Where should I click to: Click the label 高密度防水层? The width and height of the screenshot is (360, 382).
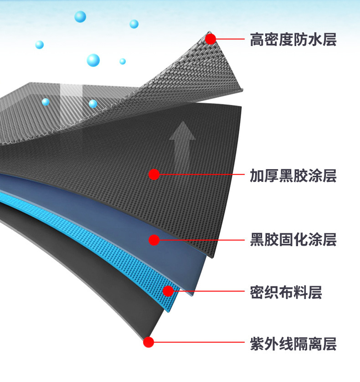pos(293,40)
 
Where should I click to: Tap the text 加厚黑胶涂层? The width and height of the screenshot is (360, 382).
pos(293,176)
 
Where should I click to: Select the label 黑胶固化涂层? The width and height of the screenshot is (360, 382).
pos(293,239)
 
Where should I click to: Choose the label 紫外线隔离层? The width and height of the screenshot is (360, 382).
pos(293,344)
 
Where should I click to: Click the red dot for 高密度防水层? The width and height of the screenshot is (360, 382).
pos(210,39)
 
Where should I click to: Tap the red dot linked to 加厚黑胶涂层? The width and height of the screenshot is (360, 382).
pos(154,174)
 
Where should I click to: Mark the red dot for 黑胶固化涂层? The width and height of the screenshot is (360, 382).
pos(154,240)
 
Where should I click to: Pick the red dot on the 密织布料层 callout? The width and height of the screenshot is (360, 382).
pos(168,291)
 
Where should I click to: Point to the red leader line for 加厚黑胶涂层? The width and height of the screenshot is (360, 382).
pos(201,174)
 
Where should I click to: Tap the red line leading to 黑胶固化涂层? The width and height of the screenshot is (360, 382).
pos(201,240)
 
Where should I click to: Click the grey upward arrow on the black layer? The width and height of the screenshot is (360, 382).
pos(182,141)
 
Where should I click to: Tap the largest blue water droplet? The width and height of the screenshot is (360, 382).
pos(93,60)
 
